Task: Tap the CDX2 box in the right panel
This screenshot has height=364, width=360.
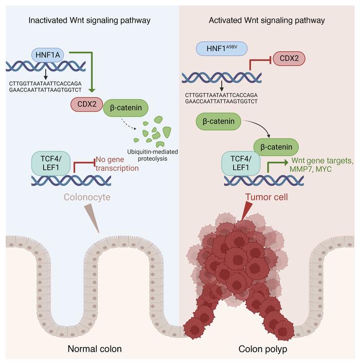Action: (289, 59)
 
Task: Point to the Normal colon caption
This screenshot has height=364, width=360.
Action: (95, 349)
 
